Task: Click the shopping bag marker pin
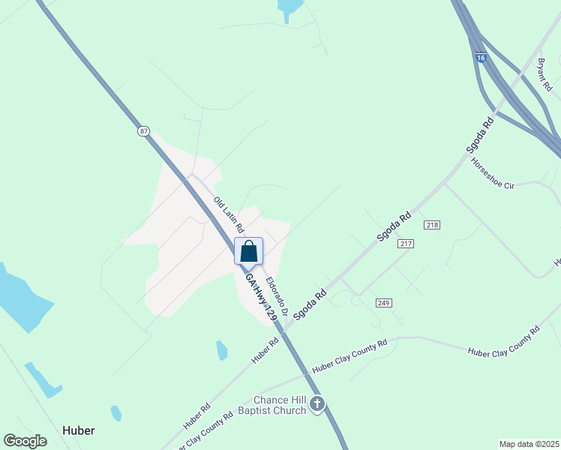[x=249, y=251]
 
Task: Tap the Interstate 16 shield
[x=481, y=57]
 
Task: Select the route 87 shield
[x=143, y=131]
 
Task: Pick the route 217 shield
[x=406, y=244]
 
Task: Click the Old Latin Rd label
[x=229, y=214]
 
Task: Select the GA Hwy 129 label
[x=261, y=298]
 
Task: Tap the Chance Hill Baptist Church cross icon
[x=317, y=405]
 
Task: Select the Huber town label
[x=78, y=432]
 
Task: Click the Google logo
[x=25, y=441]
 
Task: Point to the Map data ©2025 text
[x=529, y=444]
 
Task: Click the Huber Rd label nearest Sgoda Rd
[x=265, y=350]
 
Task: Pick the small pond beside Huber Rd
[x=222, y=350]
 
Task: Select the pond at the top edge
[x=289, y=8]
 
